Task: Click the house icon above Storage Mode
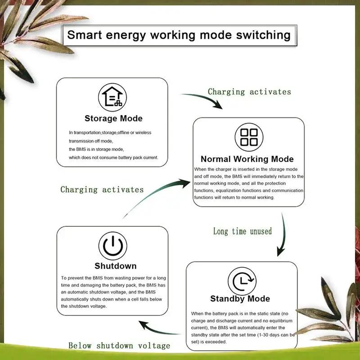(112, 96)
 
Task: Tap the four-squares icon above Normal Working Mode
(249, 136)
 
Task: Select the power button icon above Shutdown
(112, 246)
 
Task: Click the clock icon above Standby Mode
(242, 281)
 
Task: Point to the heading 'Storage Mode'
(113, 119)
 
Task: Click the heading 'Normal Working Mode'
(247, 159)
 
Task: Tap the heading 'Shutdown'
(115, 266)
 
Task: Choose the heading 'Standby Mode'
(240, 299)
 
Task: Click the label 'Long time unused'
(243, 231)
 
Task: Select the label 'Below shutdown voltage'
(119, 346)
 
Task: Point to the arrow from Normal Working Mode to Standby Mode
(283, 236)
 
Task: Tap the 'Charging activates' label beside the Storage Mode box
(249, 92)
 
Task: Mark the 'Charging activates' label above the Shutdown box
(102, 189)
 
